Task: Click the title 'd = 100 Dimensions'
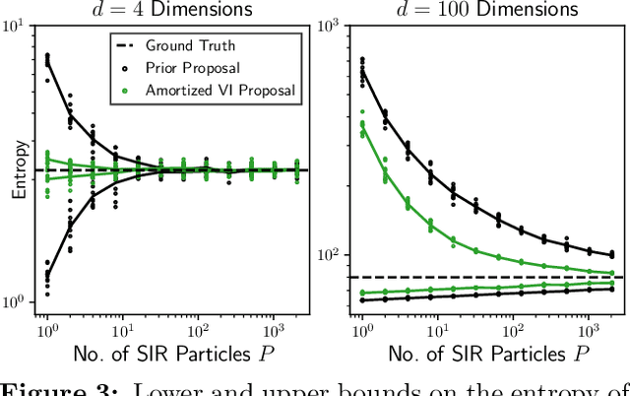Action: pos(480,10)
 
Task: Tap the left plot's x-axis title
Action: pos(169,350)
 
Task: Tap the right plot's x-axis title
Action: pos(482,350)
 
